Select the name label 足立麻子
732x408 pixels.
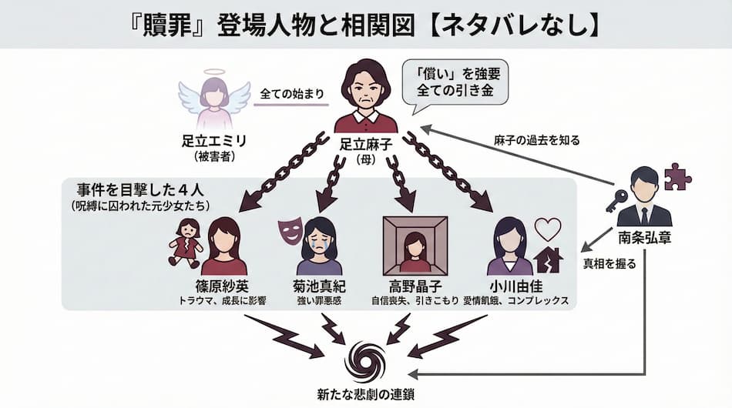click(x=366, y=143)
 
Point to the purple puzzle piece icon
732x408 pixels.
click(x=677, y=176)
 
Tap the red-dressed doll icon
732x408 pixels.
click(x=186, y=240)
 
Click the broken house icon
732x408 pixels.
click(x=548, y=260)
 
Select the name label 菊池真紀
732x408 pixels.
click(x=319, y=286)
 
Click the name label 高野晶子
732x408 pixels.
click(x=415, y=286)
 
